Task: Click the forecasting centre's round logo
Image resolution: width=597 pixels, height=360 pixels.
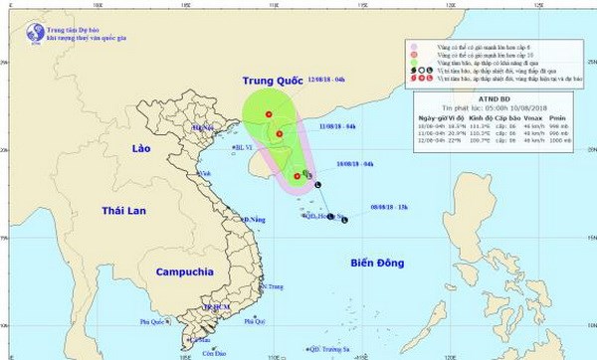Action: pyautogui.click(x=13, y=32)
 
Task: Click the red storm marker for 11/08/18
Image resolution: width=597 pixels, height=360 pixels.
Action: pyautogui.click(x=280, y=134)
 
